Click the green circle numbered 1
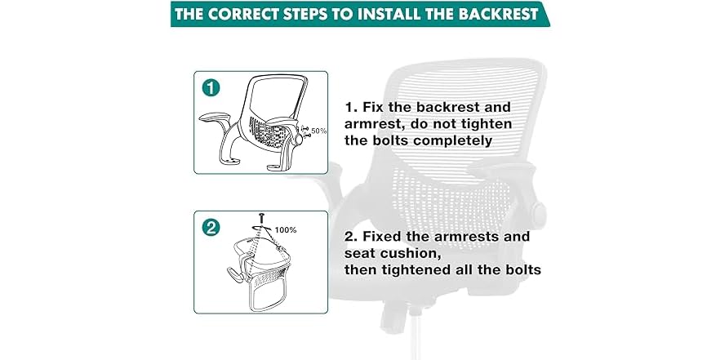(x=211, y=87)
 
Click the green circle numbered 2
(x=211, y=228)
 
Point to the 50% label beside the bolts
(x=318, y=131)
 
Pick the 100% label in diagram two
(x=286, y=230)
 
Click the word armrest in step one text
(x=373, y=124)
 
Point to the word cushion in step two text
(x=412, y=253)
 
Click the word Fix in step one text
(x=373, y=107)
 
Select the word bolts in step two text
(x=523, y=270)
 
